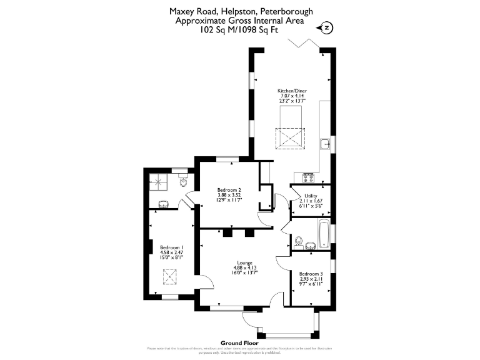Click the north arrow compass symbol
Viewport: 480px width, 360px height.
[x=326, y=27]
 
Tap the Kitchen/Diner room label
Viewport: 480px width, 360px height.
[x=292, y=91]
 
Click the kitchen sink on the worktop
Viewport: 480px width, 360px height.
[x=325, y=144]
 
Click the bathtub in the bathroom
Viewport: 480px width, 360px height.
[x=324, y=234]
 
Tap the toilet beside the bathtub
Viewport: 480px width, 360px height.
[x=299, y=241]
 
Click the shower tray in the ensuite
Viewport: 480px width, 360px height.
[x=159, y=182]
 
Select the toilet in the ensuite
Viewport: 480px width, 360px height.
[x=183, y=182]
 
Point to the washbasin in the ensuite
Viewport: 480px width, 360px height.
[x=164, y=203]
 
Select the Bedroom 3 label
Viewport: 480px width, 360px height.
[x=311, y=274]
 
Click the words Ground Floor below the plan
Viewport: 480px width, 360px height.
[x=239, y=343]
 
